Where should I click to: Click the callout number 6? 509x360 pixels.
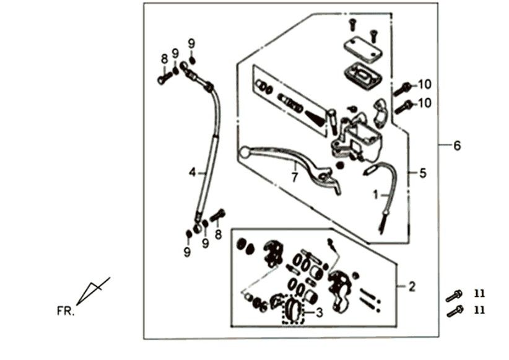pyautogui.click(x=457, y=146)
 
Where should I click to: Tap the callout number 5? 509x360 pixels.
pyautogui.click(x=422, y=173)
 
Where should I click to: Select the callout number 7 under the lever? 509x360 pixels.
pyautogui.click(x=295, y=178)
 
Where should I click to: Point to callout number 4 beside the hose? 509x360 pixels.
pyautogui.click(x=192, y=172)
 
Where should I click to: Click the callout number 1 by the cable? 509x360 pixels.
pyautogui.click(x=375, y=195)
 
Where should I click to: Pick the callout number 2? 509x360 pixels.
pyautogui.click(x=412, y=287)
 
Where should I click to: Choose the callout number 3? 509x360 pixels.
pyautogui.click(x=319, y=313)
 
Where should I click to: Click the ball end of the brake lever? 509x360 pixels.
pyautogui.click(x=245, y=151)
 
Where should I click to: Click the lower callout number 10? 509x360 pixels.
pyautogui.click(x=424, y=103)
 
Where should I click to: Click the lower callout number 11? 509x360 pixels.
pyautogui.click(x=480, y=309)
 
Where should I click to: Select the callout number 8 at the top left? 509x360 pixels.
pyautogui.click(x=165, y=59)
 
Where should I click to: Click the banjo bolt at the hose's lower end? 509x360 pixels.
pyautogui.click(x=218, y=216)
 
